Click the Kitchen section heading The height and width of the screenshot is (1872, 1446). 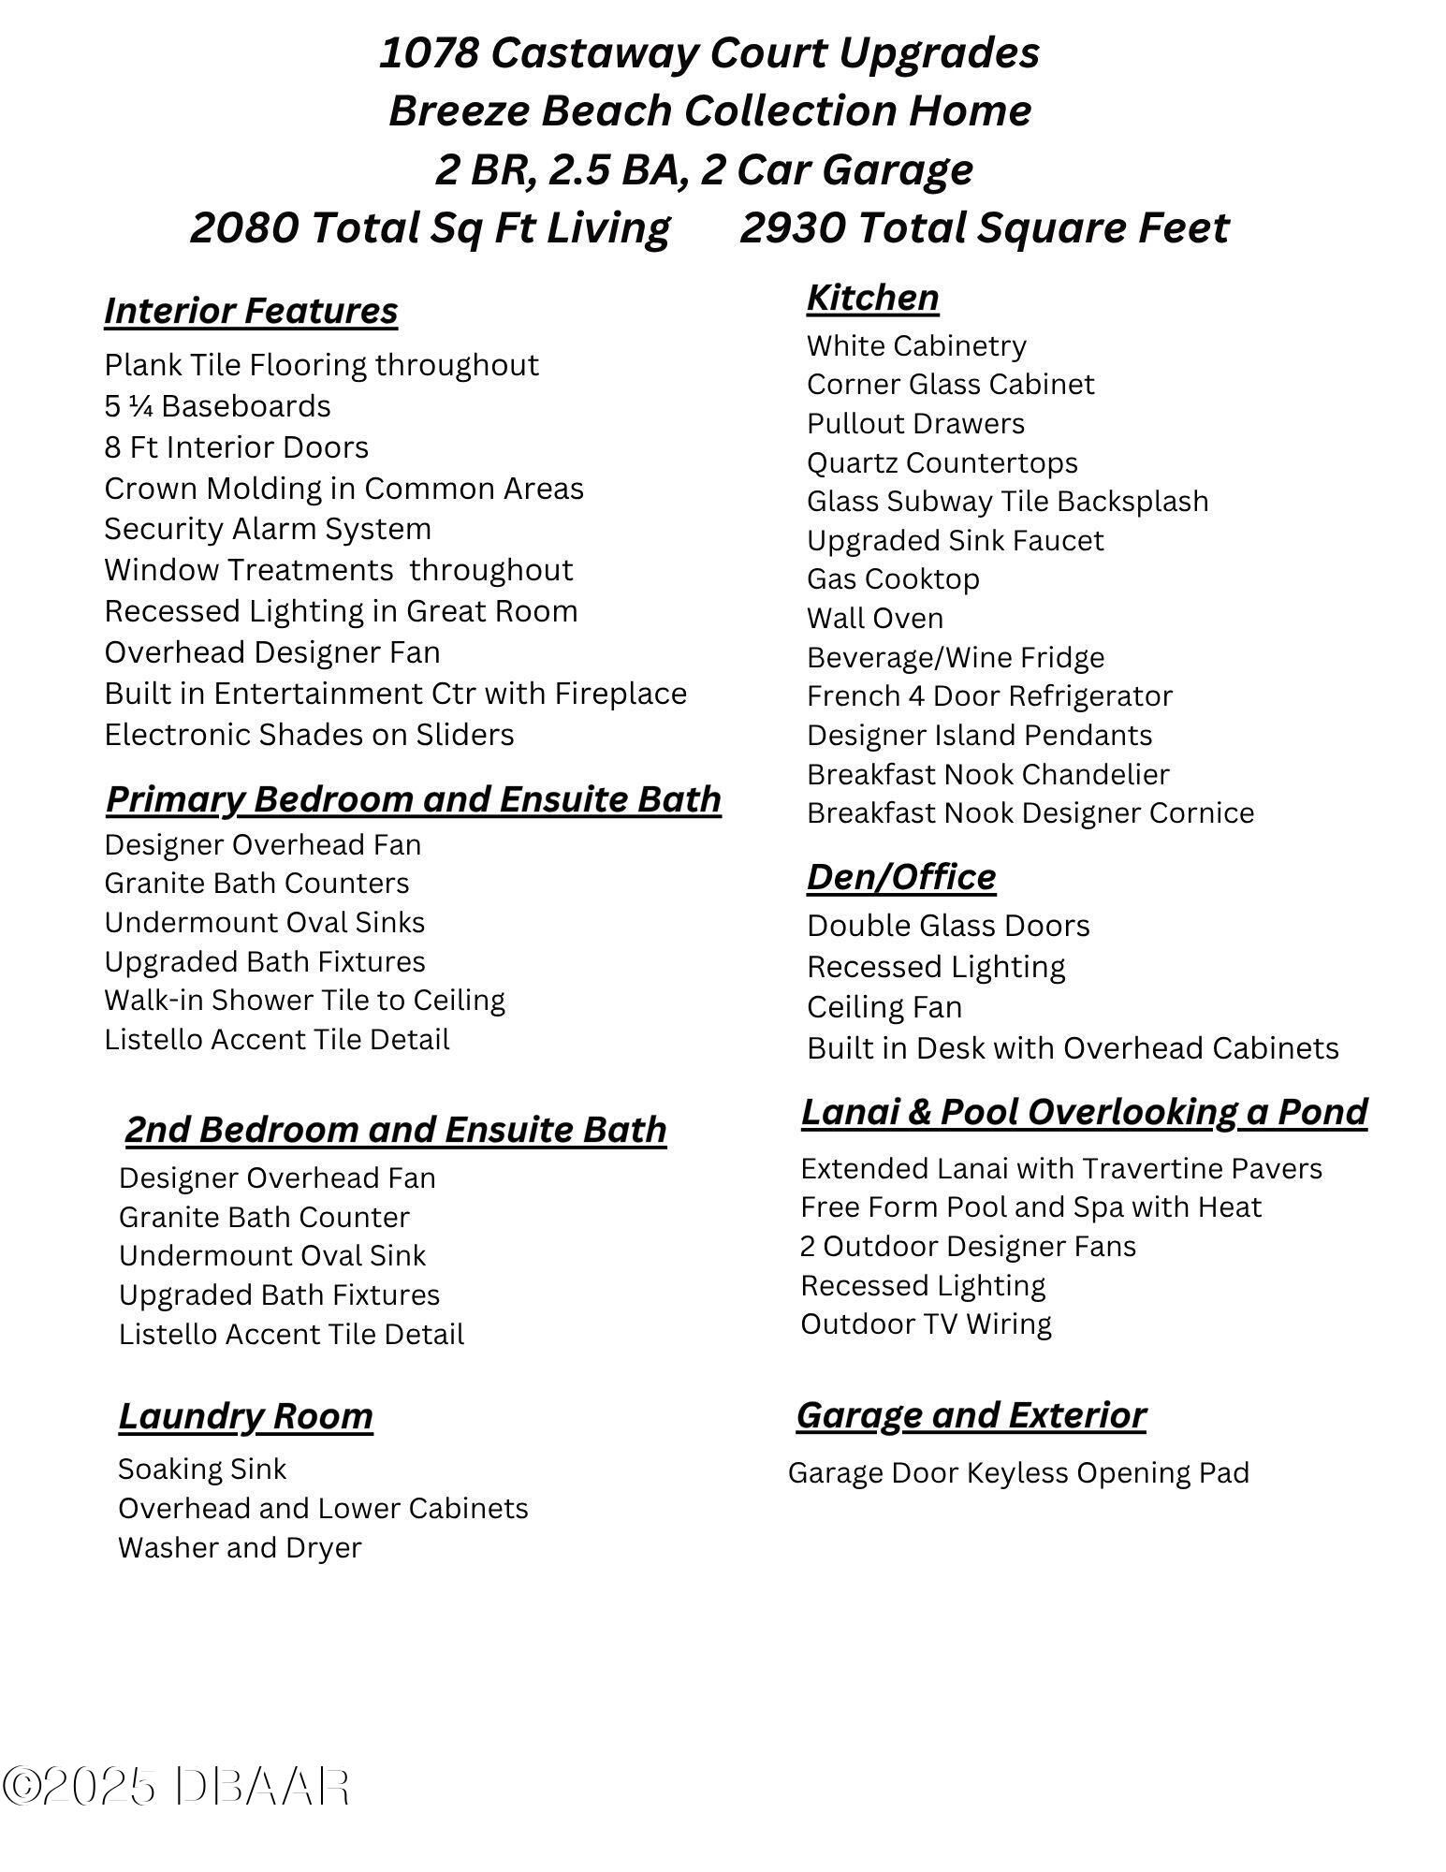872,298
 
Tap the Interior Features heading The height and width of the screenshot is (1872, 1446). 251,311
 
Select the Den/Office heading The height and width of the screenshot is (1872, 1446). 901,877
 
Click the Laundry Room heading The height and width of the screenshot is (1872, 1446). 245,1416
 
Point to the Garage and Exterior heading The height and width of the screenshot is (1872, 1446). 971,1415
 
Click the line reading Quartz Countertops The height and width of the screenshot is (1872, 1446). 942,462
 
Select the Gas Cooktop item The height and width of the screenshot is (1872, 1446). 893,578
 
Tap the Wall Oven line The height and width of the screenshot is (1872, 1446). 875,618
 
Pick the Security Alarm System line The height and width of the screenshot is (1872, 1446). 268,529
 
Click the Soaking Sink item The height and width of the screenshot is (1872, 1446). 202,1469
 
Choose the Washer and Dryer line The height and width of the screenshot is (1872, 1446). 240,1547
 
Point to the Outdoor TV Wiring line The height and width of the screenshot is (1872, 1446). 926,1324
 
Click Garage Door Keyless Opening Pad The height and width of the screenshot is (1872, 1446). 1018,1472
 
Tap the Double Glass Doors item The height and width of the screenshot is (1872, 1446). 948,926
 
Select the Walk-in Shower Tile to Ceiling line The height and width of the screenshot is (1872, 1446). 304,1000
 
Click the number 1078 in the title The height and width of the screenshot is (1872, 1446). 428,52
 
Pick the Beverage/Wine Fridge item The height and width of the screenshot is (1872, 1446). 955,657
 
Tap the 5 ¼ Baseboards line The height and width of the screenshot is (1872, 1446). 217,406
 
